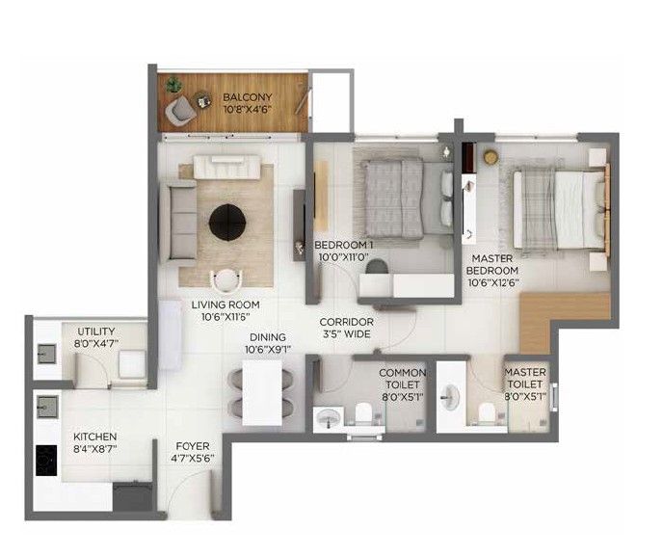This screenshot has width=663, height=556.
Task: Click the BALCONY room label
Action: point(248,97)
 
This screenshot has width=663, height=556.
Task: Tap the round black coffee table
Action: point(227,223)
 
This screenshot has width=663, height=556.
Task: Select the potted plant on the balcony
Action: point(172,85)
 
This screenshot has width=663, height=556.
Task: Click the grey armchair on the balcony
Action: point(180,110)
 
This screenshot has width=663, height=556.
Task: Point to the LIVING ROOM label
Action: point(225,304)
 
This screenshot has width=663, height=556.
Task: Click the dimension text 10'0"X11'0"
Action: point(344,256)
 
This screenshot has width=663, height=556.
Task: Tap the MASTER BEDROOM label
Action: point(492,264)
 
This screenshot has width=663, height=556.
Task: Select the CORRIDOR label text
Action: point(346,322)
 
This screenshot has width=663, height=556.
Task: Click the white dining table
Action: point(262,392)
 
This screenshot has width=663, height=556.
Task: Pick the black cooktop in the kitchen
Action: point(46,461)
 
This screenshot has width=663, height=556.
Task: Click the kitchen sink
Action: point(47,407)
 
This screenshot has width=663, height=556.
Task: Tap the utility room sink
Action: point(46,354)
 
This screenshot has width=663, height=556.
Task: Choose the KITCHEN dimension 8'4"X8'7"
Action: point(95,449)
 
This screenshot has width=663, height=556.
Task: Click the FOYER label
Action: point(193,446)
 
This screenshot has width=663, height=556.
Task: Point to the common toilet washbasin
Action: point(329,418)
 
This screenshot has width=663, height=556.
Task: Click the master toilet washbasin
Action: point(450,397)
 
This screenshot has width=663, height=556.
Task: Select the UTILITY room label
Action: point(96,331)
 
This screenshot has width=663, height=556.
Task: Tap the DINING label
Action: point(268,337)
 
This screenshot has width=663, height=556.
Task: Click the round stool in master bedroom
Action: point(491,156)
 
